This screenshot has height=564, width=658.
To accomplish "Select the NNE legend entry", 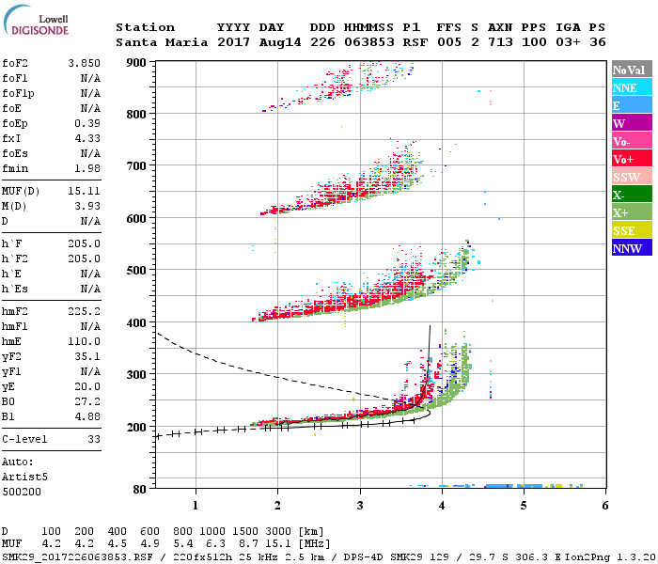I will point(630,87).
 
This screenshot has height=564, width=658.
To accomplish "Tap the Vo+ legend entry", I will point(630,159).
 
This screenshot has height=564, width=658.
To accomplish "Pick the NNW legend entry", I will point(630,248).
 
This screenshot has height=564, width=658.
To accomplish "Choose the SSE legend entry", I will point(630,230).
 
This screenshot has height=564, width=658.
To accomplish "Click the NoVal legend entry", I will point(630,70).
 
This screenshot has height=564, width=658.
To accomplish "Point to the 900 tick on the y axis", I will point(137,62).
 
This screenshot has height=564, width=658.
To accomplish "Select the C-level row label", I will point(25,438).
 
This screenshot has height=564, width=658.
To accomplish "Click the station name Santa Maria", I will point(157,43).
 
